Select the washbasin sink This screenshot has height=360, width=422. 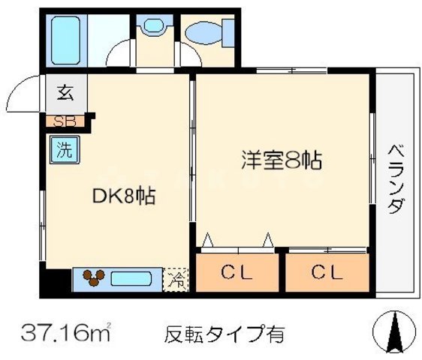(x=153, y=28)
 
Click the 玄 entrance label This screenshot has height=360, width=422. (x=63, y=94)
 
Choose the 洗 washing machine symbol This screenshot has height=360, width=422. (x=64, y=148)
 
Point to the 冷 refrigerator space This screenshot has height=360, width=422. (x=177, y=279)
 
